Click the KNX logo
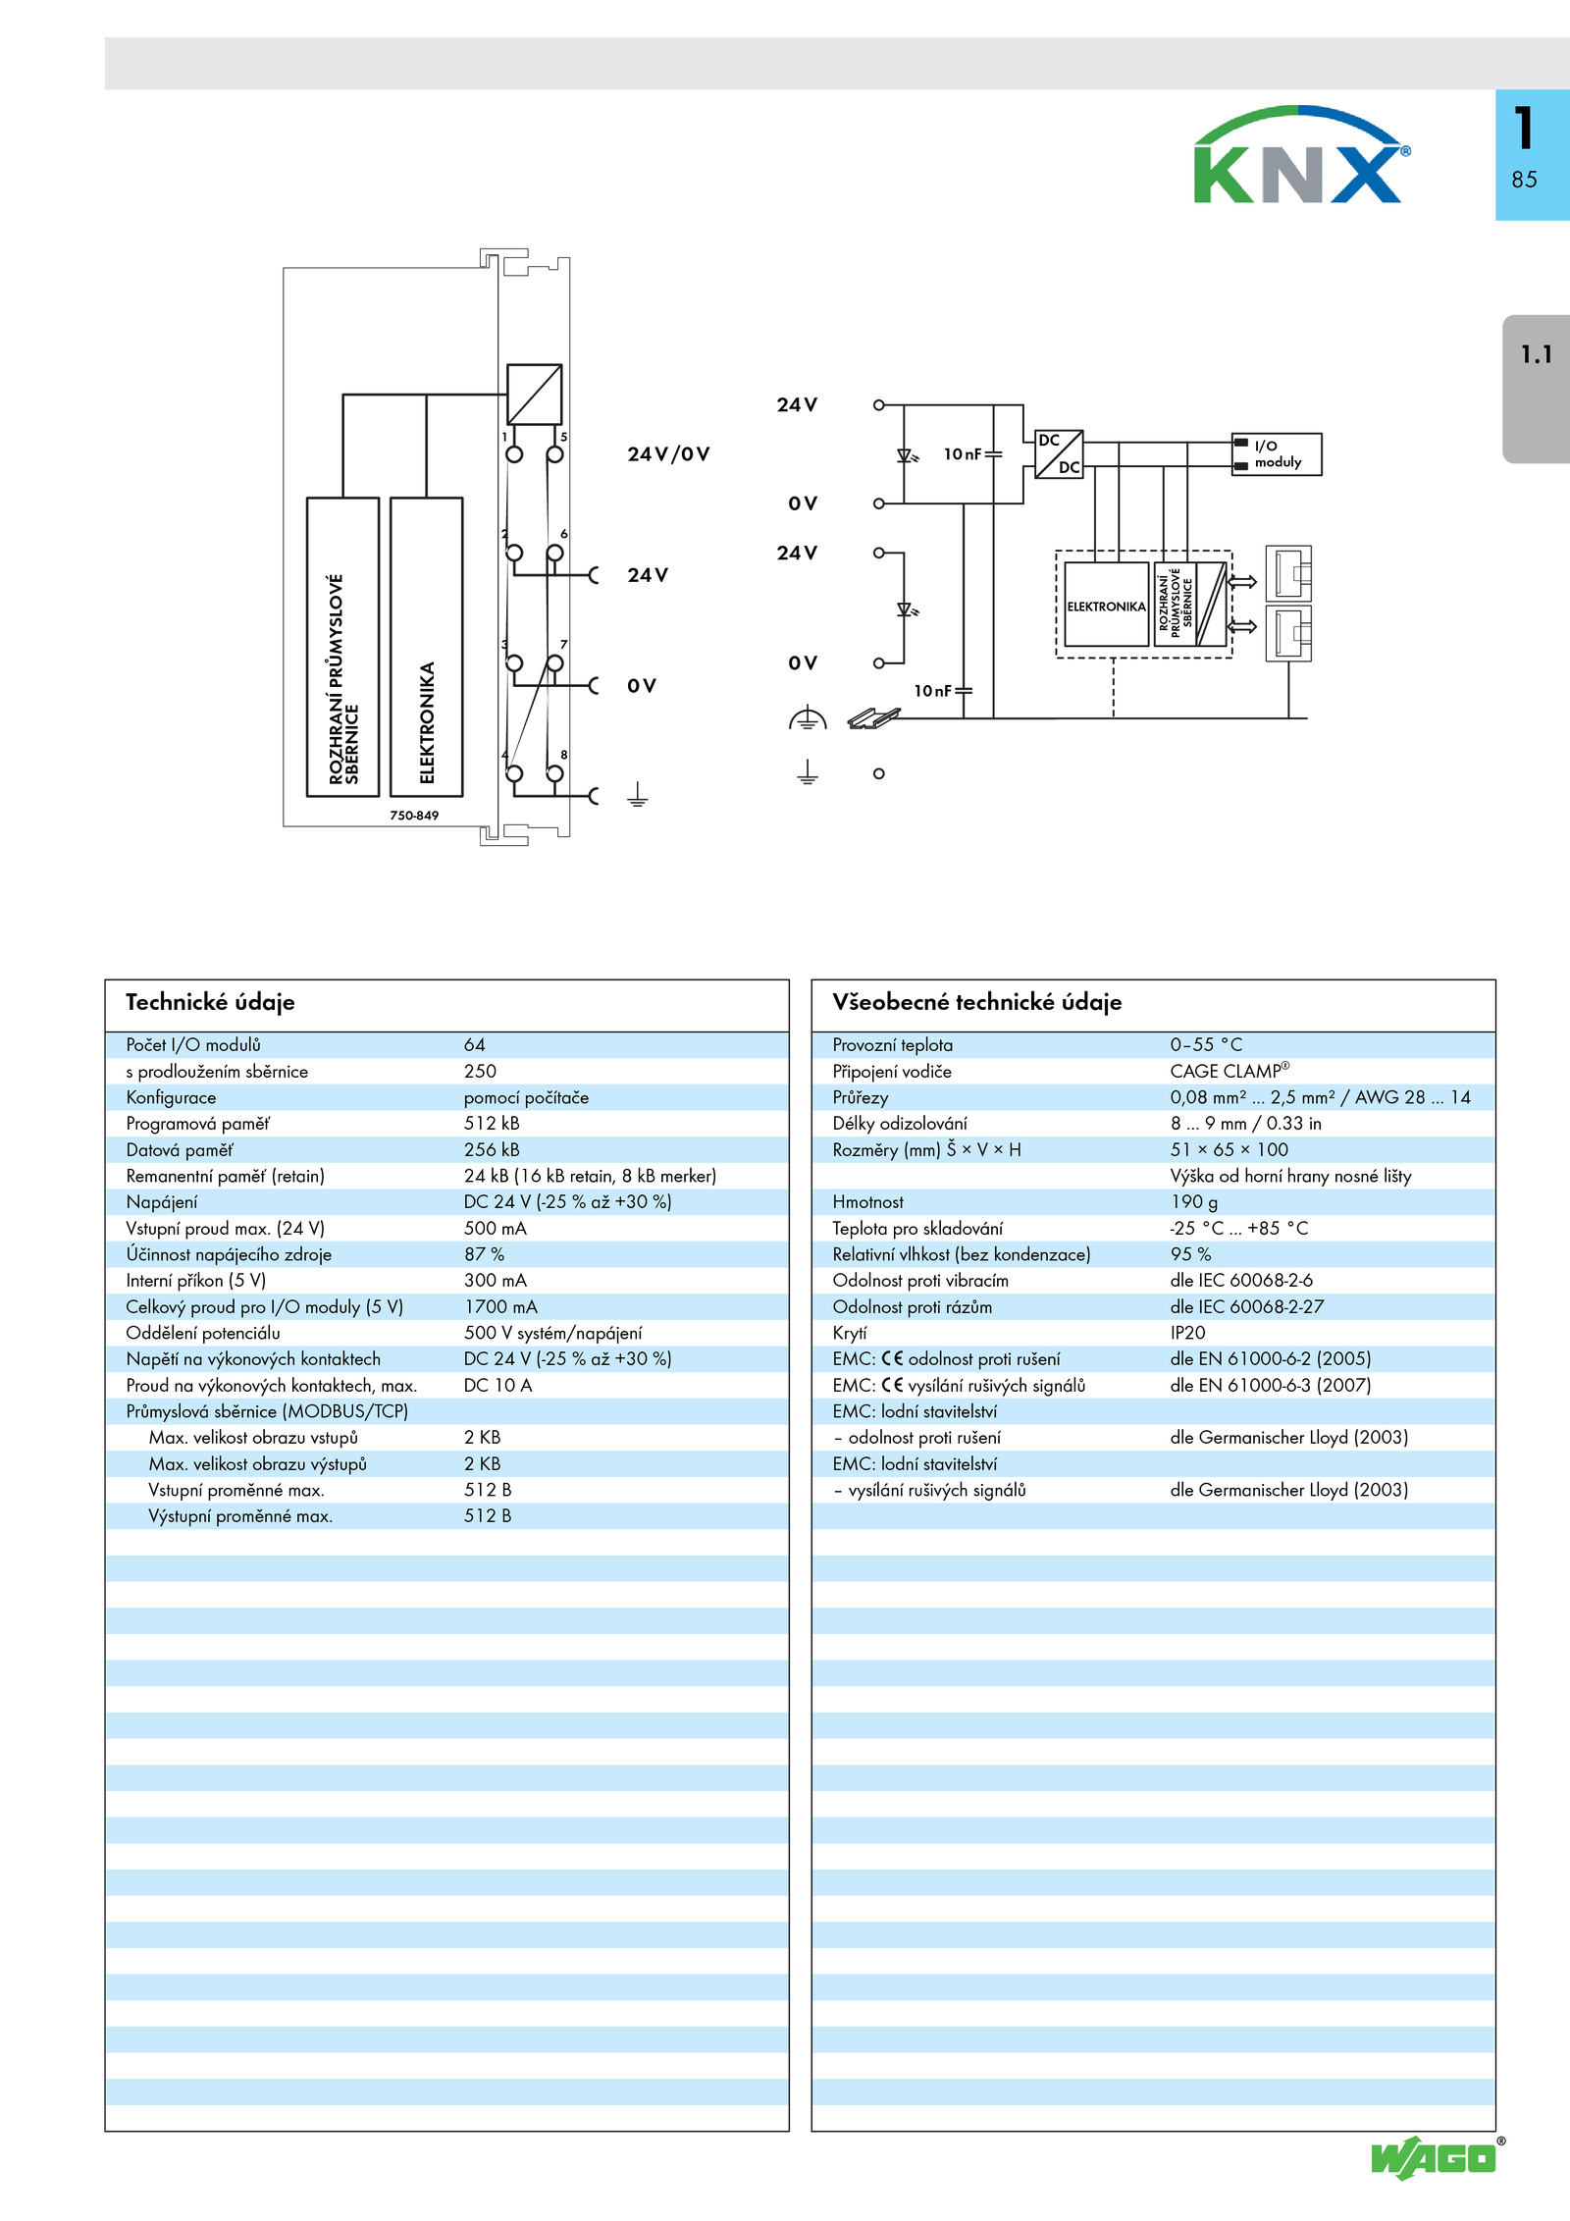coord(1301,155)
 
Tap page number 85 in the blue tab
coord(1524,180)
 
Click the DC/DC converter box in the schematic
coord(1059,454)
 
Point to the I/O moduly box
coord(1277,454)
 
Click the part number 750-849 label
coord(414,816)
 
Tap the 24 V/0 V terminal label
coord(668,454)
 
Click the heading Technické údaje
coord(210,1002)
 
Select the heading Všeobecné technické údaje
coord(976,1002)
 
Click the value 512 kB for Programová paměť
coord(492,1124)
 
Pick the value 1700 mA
coord(500,1307)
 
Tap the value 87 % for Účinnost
coord(484,1254)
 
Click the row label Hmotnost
coord(867,1202)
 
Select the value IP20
coord(1187,1333)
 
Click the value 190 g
coord(1193,1202)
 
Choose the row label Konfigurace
coord(171,1098)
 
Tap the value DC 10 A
coord(497,1386)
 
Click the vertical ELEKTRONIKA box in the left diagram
coord(427,647)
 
